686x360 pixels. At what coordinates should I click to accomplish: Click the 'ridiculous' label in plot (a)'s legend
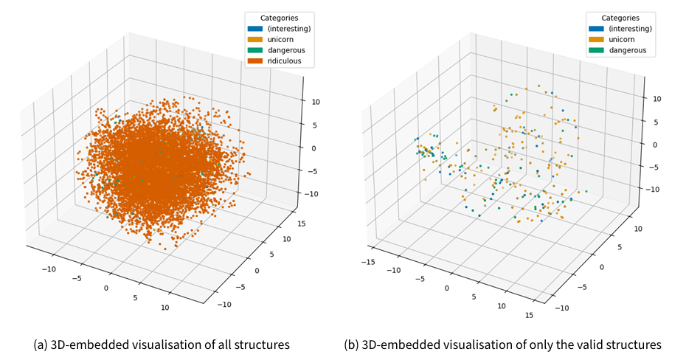click(x=285, y=60)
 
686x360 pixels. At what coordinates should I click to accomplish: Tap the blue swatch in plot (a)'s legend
click(x=256, y=28)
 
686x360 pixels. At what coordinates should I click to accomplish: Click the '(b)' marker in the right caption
click(x=352, y=345)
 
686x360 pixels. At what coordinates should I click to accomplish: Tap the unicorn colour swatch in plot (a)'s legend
click(x=256, y=39)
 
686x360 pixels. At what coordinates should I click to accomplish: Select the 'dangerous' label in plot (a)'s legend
click(x=286, y=50)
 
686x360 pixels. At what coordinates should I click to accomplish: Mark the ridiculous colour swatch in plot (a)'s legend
click(x=256, y=60)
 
